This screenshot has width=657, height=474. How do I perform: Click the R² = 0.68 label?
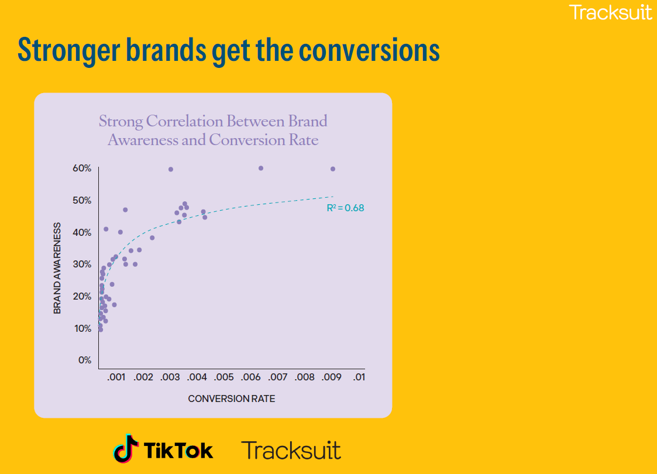(x=345, y=208)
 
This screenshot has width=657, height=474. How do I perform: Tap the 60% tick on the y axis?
(x=82, y=169)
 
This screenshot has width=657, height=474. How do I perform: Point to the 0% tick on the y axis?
(x=85, y=360)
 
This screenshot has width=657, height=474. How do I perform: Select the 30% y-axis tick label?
(x=82, y=265)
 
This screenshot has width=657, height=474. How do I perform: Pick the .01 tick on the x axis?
(x=359, y=377)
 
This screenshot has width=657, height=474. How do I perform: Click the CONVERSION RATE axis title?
(x=231, y=399)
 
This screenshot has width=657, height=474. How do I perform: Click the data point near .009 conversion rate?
(x=333, y=169)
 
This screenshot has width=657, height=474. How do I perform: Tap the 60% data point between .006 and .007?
(x=261, y=168)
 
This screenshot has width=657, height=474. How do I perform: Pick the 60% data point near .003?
(x=171, y=169)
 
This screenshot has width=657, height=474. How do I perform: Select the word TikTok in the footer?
(x=178, y=450)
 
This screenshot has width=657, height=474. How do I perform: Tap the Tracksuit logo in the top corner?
(x=610, y=12)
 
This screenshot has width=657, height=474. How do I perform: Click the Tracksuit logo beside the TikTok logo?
(x=291, y=450)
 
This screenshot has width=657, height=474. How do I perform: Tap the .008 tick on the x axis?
(x=305, y=377)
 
